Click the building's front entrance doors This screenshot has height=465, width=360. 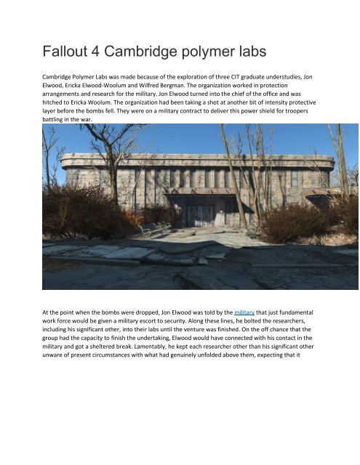point(199,214)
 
